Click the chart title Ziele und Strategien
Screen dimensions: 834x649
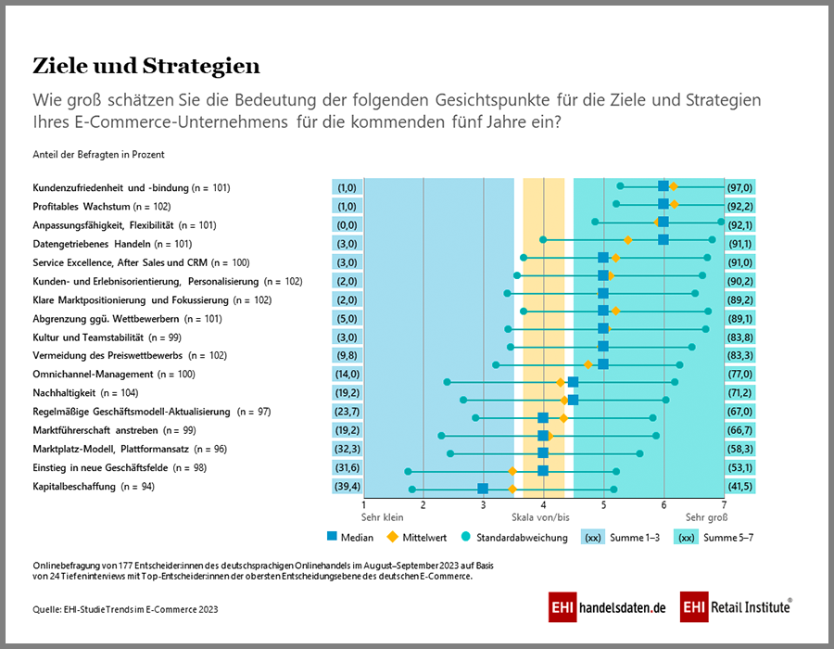[146, 66]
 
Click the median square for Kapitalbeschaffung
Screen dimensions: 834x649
[483, 489]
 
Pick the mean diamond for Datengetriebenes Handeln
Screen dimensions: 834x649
[627, 240]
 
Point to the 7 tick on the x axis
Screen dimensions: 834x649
[724, 505]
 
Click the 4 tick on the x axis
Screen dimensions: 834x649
[544, 505]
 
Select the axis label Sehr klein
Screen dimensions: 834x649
[382, 517]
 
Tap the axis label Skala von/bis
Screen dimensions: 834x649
[540, 517]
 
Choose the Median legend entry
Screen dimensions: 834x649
[350, 538]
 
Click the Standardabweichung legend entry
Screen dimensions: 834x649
[514, 538]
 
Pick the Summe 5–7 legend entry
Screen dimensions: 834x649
[714, 538]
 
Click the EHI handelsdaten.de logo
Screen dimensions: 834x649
[607, 607]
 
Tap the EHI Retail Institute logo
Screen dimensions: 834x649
[736, 607]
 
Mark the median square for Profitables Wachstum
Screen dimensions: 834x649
[663, 204]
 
